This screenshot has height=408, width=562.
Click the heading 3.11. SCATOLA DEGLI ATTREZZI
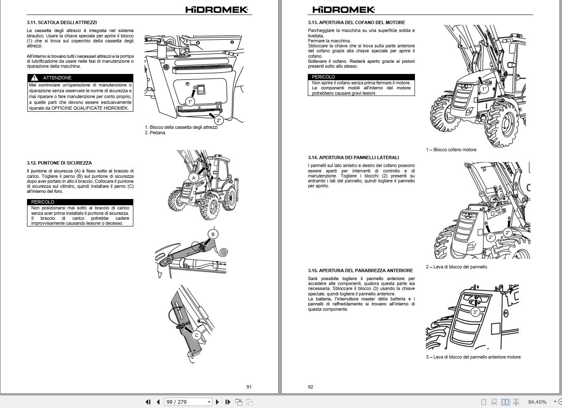[62, 22]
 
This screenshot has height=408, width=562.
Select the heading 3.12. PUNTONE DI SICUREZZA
[59, 163]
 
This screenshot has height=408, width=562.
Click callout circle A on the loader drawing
[193, 178]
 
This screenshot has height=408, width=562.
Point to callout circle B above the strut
[213, 234]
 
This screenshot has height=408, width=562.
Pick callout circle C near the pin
[196, 335]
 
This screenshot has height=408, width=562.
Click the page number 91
[249, 387]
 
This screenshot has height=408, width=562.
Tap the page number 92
[311, 387]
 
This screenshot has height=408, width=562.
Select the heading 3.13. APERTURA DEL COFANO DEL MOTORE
[356, 22]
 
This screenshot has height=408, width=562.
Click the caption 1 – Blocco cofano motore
[451, 150]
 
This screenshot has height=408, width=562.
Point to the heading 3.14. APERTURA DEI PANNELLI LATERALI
[353, 157]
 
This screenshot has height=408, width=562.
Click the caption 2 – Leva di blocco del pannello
[456, 267]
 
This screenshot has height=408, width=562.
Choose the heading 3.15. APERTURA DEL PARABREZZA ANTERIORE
[361, 270]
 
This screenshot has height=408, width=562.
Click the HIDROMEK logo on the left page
[217, 10]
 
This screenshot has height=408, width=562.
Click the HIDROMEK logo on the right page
[344, 10]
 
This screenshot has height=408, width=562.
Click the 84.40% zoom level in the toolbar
[537, 402]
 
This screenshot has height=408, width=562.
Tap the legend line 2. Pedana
[155, 133]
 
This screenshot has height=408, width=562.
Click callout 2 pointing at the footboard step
[219, 120]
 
